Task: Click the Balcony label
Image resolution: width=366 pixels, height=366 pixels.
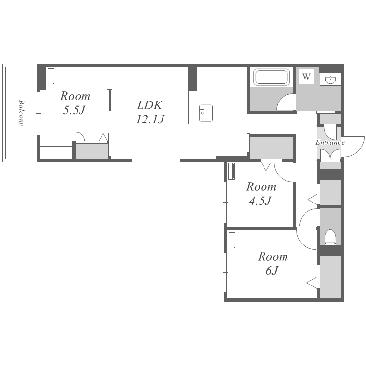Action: (x=21, y=113)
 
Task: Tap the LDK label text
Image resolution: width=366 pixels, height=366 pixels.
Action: (x=149, y=105)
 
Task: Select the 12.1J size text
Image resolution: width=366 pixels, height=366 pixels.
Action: (x=150, y=119)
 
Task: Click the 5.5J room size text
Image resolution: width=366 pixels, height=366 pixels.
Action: (x=74, y=110)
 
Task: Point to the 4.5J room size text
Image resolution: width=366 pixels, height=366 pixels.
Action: (x=260, y=201)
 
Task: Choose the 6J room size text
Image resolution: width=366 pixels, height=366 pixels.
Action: (x=272, y=270)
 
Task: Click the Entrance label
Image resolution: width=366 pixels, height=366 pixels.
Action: (x=330, y=142)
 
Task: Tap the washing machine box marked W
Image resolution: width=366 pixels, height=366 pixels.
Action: (x=306, y=76)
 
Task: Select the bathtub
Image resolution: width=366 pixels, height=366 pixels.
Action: (x=271, y=77)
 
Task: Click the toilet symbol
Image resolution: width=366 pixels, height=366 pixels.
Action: (x=330, y=237)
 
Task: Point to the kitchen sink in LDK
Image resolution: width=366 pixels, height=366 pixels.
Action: (x=206, y=113)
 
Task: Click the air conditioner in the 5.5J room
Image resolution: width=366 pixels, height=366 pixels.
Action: (x=51, y=77)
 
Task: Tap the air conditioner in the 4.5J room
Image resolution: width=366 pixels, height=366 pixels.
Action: (x=231, y=171)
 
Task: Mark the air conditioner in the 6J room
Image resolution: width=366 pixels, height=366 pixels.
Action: (x=232, y=241)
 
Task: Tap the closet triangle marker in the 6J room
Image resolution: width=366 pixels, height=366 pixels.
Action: (x=312, y=283)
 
